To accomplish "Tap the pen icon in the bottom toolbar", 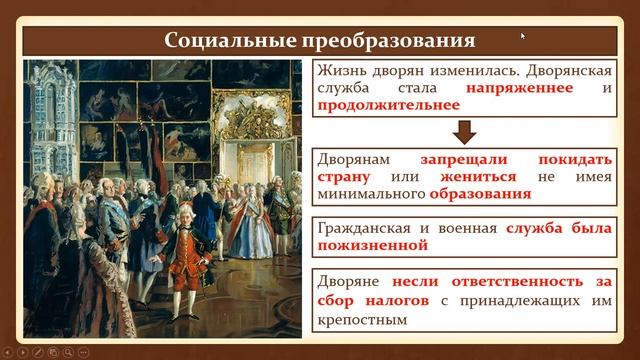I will (37, 352).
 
